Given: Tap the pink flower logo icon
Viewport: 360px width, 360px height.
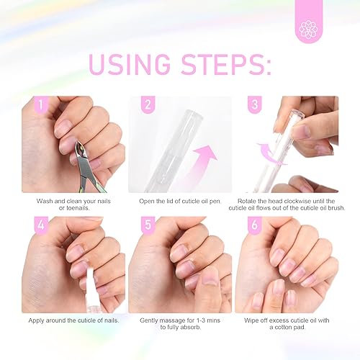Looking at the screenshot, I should click(307, 29).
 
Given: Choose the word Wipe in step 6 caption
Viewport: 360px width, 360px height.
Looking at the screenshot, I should click(253, 320).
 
